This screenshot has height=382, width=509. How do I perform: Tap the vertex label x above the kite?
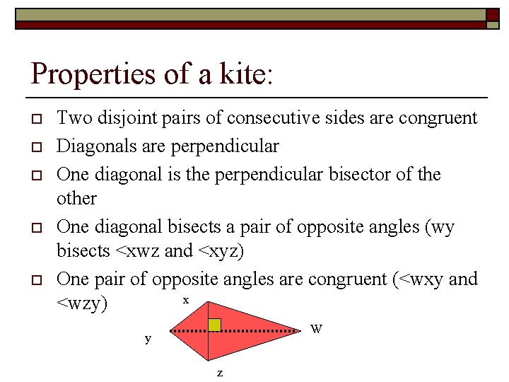click(186, 300)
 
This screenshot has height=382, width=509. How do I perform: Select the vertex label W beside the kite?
click(317, 329)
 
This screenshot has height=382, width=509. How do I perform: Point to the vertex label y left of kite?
click(148, 338)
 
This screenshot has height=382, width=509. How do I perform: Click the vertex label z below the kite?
click(219, 372)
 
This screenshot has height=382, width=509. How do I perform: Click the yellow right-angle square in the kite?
click(214, 325)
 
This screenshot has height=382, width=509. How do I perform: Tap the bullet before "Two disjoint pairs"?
click(34, 118)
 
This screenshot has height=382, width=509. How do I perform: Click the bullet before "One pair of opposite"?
click(34, 279)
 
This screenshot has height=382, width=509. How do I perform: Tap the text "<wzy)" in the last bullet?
click(82, 304)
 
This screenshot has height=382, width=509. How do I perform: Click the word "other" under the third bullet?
click(76, 198)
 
